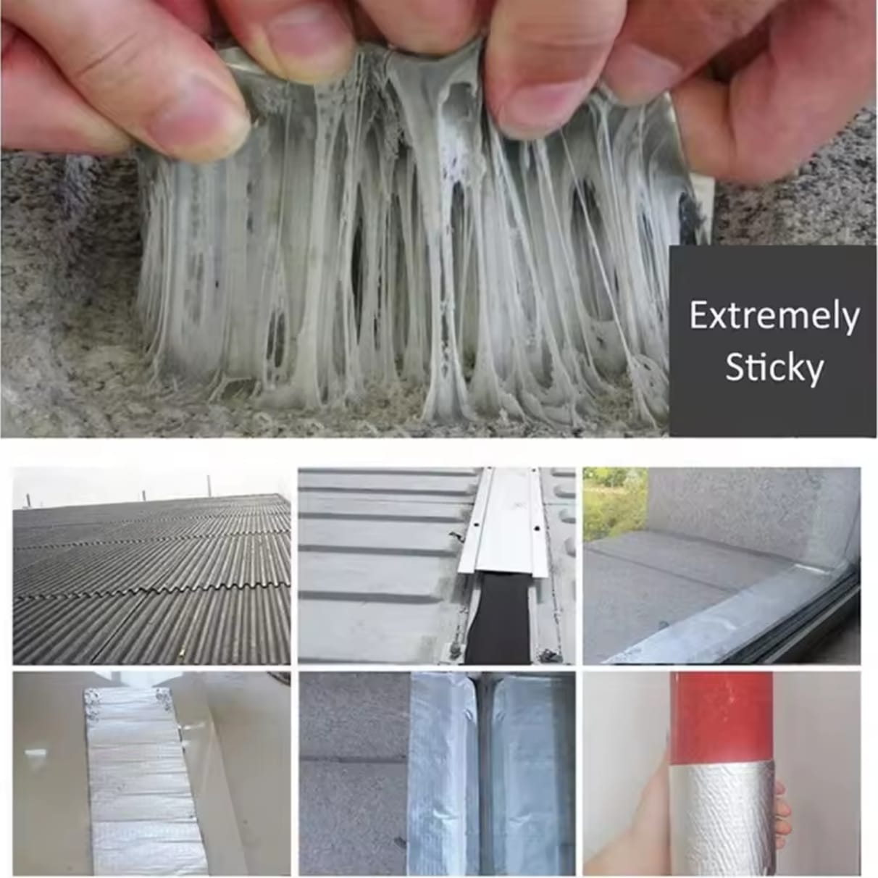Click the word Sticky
pyautogui.click(x=774, y=369)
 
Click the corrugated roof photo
pyautogui.click(x=151, y=566)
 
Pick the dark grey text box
pyautogui.click(x=773, y=343)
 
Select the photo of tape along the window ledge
pyautogui.click(x=722, y=566)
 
